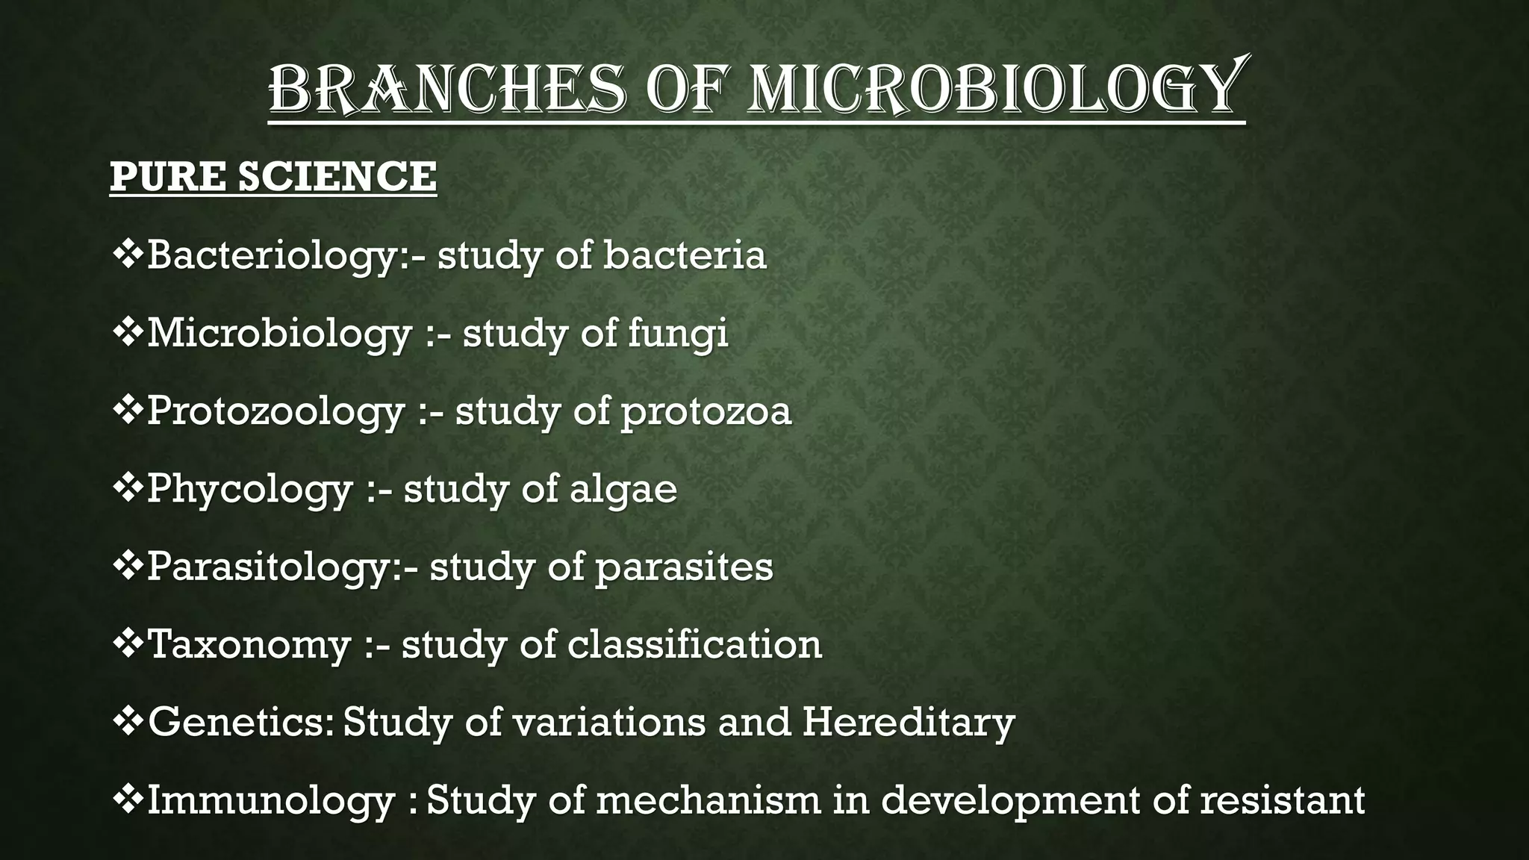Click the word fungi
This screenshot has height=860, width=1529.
[x=677, y=334]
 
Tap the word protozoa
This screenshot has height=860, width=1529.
[x=706, y=412]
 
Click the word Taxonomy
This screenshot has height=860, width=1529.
[x=249, y=645]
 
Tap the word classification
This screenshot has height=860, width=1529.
[x=694, y=644]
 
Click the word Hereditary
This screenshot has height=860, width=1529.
[x=909, y=722]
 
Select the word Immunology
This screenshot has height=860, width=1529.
[x=270, y=800]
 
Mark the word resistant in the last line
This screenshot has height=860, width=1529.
[x=1283, y=799]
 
